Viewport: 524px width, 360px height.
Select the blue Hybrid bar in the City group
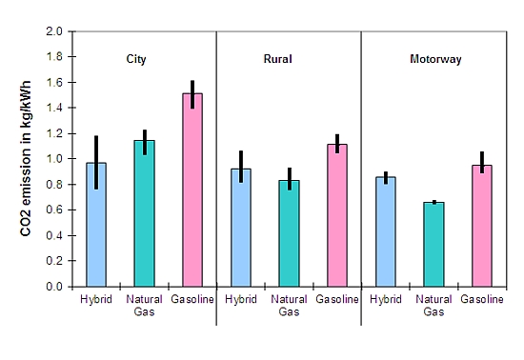pyautogui.click(x=96, y=225)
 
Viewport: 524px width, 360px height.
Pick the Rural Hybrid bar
pyautogui.click(x=241, y=228)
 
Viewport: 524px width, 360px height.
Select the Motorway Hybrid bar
pyautogui.click(x=385, y=231)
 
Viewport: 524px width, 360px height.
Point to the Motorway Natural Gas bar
pyautogui.click(x=433, y=244)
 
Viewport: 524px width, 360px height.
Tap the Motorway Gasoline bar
pyautogui.click(x=482, y=226)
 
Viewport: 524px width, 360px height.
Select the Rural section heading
pyautogui.click(x=277, y=59)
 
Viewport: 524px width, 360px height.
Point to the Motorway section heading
pyautogui.click(x=435, y=59)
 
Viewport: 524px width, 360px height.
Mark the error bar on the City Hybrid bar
pyautogui.click(x=96, y=162)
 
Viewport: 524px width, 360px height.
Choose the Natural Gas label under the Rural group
pyautogui.click(x=289, y=306)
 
